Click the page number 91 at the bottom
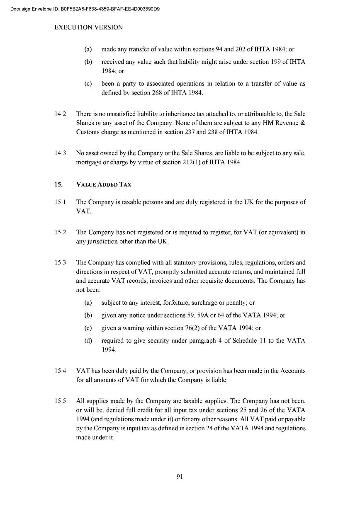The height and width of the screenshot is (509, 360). click(180, 476)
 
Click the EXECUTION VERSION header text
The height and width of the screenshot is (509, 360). click(89, 27)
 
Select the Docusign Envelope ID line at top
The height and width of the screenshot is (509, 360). click(85, 8)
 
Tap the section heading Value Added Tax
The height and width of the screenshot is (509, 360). click(104, 184)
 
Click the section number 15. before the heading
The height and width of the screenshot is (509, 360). click(58, 184)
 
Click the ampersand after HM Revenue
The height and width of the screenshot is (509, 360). click(303, 123)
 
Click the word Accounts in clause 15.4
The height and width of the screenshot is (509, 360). click(293, 371)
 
